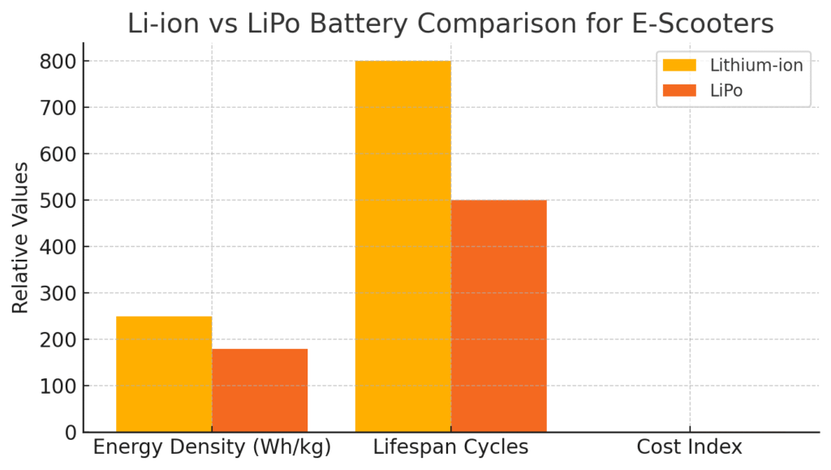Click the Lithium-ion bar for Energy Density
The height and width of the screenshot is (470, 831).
(164, 373)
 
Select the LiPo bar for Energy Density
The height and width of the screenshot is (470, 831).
(260, 390)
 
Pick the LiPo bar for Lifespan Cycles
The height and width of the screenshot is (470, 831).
(499, 316)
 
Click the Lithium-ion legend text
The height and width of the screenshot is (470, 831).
(756, 66)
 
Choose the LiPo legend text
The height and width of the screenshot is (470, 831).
(726, 91)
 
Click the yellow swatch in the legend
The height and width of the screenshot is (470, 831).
(680, 66)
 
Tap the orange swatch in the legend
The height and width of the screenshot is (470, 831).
(680, 91)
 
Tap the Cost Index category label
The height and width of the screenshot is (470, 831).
(689, 447)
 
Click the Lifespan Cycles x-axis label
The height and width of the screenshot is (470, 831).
(450, 447)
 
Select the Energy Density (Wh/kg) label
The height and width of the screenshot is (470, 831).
(212, 447)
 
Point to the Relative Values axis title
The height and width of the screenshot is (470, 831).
(20, 237)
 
